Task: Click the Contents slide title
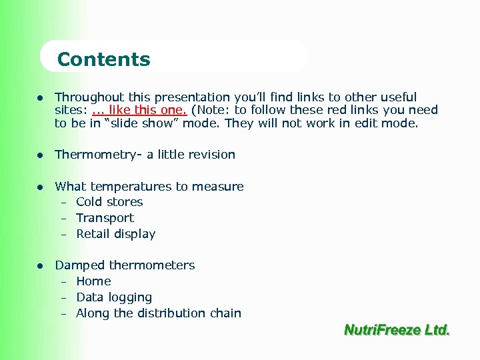click(x=104, y=59)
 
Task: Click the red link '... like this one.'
click(x=140, y=110)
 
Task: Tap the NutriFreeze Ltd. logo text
click(x=397, y=330)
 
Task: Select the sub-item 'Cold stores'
click(x=109, y=202)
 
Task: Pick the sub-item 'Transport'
click(x=105, y=218)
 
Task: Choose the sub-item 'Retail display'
click(x=115, y=234)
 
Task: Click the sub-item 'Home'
click(x=93, y=281)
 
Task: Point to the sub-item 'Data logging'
click(x=114, y=297)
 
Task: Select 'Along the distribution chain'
click(x=159, y=313)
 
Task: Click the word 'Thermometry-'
click(x=99, y=155)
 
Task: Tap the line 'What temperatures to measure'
click(x=149, y=187)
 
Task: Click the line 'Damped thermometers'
click(x=125, y=265)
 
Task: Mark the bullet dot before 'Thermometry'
click(x=41, y=155)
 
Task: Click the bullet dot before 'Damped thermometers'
click(x=41, y=266)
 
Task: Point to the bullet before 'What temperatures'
click(x=41, y=187)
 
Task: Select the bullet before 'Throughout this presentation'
click(x=41, y=98)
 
